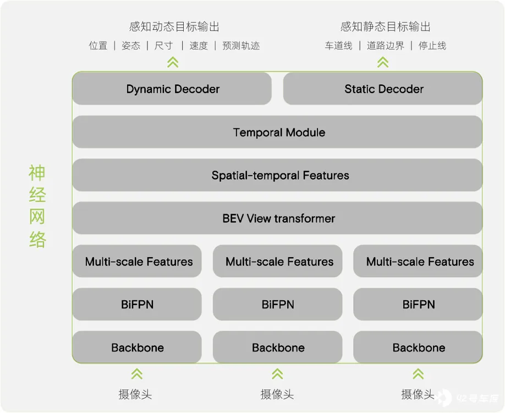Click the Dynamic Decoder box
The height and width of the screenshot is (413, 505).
pyautogui.click(x=172, y=89)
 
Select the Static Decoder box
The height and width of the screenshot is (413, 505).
pyautogui.click(x=383, y=89)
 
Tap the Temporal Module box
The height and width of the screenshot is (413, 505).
pyautogui.click(x=277, y=132)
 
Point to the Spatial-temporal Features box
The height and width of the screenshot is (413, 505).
pyautogui.click(x=277, y=175)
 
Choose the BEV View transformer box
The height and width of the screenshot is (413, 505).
pyautogui.click(x=277, y=218)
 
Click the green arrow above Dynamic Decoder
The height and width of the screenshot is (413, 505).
pyautogui.click(x=173, y=62)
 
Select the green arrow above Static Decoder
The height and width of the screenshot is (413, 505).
pyautogui.click(x=383, y=62)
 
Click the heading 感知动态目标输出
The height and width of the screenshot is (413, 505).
pyautogui.click(x=174, y=27)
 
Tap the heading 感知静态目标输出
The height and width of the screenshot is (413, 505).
pyautogui.click(x=386, y=27)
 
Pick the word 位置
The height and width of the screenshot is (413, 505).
pyautogui.click(x=98, y=46)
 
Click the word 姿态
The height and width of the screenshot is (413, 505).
pyautogui.click(x=131, y=46)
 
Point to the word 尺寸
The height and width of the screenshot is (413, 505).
pyautogui.click(x=164, y=46)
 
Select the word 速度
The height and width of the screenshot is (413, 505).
pyautogui.click(x=199, y=46)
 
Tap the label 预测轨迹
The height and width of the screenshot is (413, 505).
pyautogui.click(x=241, y=46)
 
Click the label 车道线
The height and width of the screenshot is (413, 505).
pyautogui.click(x=339, y=46)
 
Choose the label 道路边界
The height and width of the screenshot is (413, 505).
pyautogui.click(x=386, y=46)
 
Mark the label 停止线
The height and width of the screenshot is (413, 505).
pyautogui.click(x=432, y=46)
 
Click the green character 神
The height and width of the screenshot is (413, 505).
pyautogui.click(x=37, y=173)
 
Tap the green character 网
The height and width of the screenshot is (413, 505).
pyautogui.click(x=37, y=216)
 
